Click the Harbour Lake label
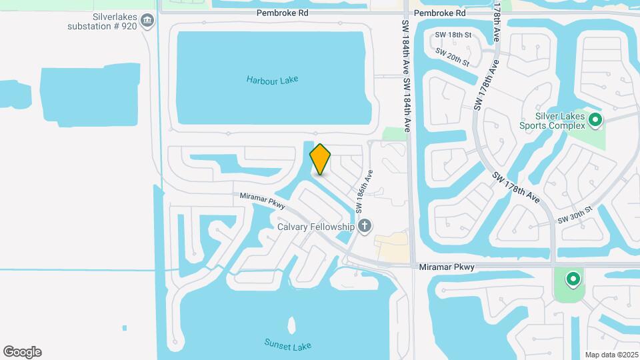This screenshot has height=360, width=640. tap(272, 80)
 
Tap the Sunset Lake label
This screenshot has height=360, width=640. tap(288, 345)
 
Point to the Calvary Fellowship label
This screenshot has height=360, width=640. tap(316, 227)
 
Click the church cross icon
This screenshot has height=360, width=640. tap(364, 227)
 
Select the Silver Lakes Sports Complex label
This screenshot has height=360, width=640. tap(553, 120)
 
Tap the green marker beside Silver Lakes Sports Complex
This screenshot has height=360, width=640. tap(595, 121)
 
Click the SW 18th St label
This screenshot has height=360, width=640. tap(453, 35)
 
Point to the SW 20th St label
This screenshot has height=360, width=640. tap(453, 57)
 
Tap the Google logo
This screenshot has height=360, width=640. tap(22, 351)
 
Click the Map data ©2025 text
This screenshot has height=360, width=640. tap(611, 355)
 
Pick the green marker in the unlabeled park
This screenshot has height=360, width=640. tap(572, 279)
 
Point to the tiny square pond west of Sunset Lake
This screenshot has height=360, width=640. tap(125, 327)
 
